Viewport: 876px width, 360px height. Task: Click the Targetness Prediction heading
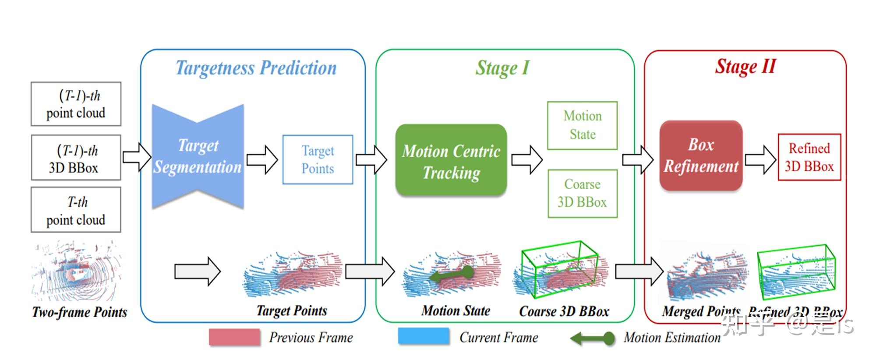256,68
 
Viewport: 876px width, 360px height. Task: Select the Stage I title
502,68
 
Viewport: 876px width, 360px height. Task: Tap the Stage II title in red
745,67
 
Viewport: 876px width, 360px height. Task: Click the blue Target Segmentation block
198,156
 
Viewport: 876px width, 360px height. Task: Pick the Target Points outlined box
318,159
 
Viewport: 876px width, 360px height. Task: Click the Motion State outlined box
582,125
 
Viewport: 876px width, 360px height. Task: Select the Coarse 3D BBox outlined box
582,193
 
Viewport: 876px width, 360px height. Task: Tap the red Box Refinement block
701,155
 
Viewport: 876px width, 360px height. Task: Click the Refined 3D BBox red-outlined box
809,157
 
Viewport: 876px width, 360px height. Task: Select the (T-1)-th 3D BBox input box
76,158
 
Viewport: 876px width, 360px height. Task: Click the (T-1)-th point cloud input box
76,104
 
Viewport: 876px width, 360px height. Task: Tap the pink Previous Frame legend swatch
234,337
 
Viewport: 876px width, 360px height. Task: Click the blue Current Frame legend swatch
424,336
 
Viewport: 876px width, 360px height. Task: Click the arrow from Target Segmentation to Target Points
262,159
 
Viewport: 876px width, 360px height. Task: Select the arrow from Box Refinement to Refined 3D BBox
760,159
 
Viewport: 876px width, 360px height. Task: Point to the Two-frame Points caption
80,312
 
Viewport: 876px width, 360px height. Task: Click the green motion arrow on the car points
451,275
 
